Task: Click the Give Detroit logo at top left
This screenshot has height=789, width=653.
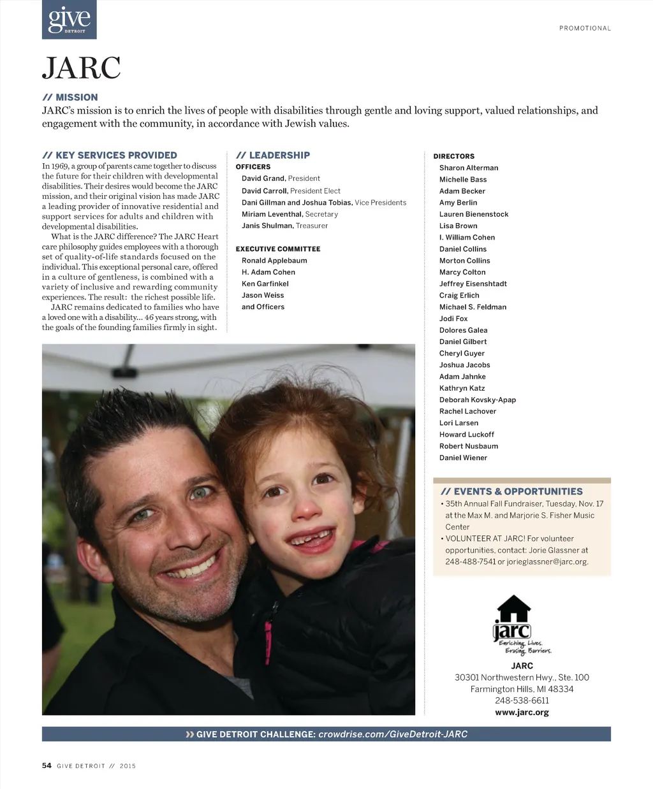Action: click(x=69, y=20)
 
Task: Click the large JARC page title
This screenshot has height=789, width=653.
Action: click(x=81, y=68)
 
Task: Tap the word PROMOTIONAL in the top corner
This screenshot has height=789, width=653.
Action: click(x=585, y=28)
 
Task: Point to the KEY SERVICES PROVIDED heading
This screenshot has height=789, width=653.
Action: click(x=110, y=155)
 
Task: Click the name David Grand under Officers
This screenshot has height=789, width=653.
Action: click(x=263, y=178)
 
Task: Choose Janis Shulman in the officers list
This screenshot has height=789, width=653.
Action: click(x=267, y=226)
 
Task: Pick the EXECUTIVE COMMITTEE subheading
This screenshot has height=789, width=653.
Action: click(x=278, y=249)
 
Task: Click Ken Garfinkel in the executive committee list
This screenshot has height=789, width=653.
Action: click(x=265, y=284)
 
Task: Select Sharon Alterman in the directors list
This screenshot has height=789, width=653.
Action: click(x=469, y=168)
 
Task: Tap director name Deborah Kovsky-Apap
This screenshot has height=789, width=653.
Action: click(x=478, y=400)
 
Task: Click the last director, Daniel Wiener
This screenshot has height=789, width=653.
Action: click(x=463, y=458)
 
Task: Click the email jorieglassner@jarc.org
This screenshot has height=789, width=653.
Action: click(x=547, y=561)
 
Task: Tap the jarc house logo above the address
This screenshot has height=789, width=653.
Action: click(x=514, y=621)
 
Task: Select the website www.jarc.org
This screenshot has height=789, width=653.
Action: click(x=522, y=712)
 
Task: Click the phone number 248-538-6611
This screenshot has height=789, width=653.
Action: click(x=522, y=700)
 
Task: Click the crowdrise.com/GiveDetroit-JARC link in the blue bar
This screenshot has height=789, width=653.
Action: click(x=393, y=734)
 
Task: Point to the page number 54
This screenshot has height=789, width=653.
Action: click(x=47, y=765)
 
